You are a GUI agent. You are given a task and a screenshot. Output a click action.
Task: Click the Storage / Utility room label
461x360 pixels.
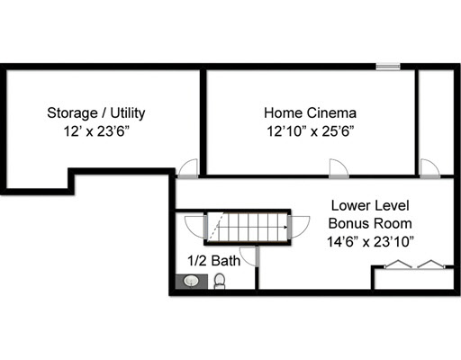[96, 113]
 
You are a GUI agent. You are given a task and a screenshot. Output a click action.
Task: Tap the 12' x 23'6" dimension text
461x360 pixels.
[96, 131]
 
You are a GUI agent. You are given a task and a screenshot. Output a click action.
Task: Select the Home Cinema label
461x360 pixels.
[310, 113]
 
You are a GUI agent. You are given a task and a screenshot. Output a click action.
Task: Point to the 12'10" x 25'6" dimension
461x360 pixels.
[311, 131]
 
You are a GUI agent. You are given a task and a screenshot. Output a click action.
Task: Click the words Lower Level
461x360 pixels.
[370, 206]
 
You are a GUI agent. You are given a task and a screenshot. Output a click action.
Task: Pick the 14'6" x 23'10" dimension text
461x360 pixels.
[370, 242]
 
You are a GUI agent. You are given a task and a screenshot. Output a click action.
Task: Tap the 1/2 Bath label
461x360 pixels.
[213, 261]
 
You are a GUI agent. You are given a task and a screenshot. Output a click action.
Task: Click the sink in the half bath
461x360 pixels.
[191, 282]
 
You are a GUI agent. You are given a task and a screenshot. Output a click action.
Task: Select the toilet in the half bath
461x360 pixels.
[220, 281]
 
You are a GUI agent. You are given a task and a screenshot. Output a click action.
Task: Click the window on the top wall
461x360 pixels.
[388, 67]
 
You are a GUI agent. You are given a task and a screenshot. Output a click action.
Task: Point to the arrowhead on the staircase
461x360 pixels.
[285, 227]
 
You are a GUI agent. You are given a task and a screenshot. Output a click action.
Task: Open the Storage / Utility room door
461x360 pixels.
[188, 168]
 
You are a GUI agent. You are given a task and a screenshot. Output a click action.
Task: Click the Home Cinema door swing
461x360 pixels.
[339, 168]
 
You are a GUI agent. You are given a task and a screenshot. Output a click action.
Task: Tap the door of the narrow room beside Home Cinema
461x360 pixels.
[430, 168]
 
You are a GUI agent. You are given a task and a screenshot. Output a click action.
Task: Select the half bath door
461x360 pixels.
[249, 256]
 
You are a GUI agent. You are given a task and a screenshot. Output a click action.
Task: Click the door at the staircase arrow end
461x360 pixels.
[299, 227]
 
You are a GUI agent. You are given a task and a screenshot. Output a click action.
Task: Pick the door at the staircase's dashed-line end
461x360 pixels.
[195, 227]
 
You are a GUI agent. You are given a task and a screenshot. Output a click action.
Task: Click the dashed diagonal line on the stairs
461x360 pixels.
[216, 227]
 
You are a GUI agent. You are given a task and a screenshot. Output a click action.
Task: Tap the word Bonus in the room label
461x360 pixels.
[348, 224]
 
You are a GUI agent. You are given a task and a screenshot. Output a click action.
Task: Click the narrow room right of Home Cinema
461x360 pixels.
[436, 122]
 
